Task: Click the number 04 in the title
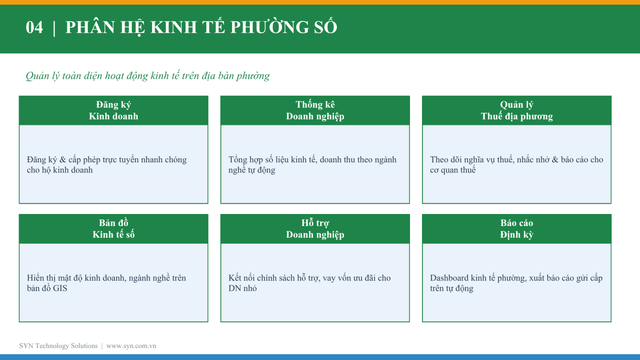(x=34, y=28)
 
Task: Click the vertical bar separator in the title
(x=54, y=28)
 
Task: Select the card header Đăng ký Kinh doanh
(x=114, y=110)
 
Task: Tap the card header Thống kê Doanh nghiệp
(x=315, y=110)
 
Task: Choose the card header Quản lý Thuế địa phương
(x=516, y=110)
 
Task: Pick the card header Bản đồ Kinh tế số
(x=114, y=228)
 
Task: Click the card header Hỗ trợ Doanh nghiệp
(x=315, y=228)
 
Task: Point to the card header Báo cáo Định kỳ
(x=516, y=228)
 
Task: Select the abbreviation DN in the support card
(x=235, y=288)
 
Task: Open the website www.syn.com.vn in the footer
(x=131, y=346)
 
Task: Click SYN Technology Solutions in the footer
(x=58, y=346)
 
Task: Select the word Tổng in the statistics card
(x=238, y=160)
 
